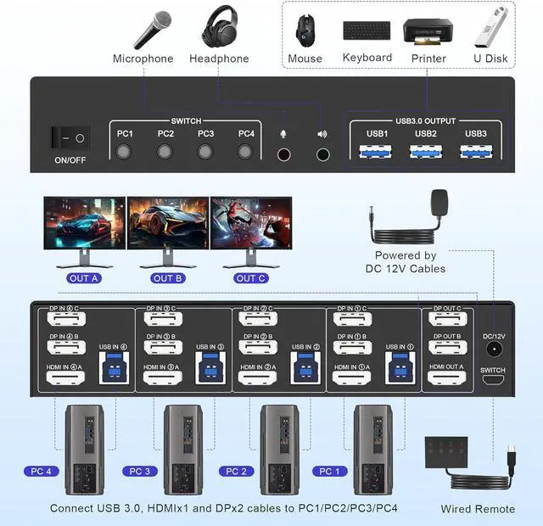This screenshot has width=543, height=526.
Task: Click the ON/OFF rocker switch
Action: [x=69, y=137]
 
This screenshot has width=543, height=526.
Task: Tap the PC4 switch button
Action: [x=246, y=152]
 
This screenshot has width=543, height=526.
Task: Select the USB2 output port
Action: [x=426, y=152]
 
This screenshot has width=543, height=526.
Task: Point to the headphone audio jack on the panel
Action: [x=322, y=155]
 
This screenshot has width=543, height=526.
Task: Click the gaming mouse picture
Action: [x=305, y=31]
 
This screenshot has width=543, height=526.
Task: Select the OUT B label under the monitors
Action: [x=168, y=278]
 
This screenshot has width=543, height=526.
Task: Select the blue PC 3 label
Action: [x=138, y=471]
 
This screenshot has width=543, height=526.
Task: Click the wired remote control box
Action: [x=451, y=450]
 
